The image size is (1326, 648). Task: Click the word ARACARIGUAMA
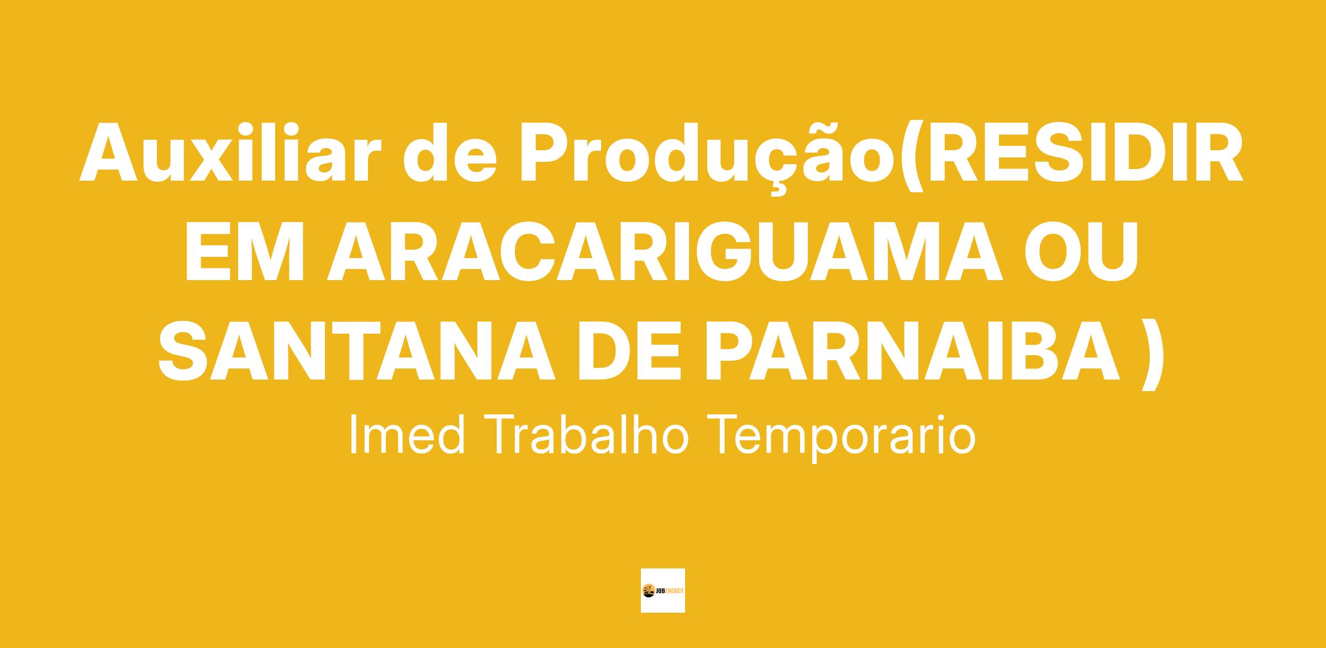[664, 251]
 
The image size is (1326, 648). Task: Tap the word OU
[1082, 251]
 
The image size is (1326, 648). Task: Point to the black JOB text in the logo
[660, 591]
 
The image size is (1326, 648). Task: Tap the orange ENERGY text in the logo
[675, 591]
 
